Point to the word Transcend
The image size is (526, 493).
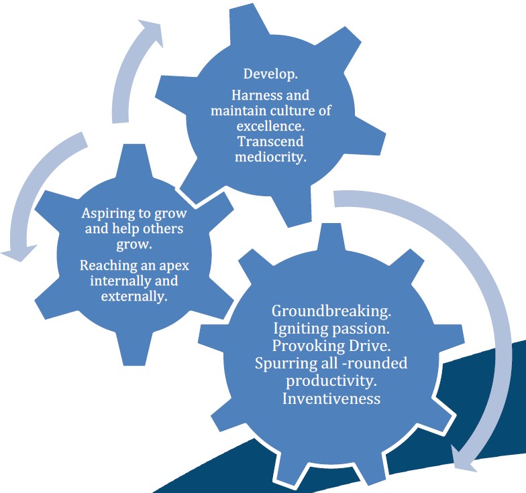click(x=270, y=142)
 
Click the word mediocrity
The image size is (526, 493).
click(x=270, y=157)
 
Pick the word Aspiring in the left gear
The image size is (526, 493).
click(x=108, y=214)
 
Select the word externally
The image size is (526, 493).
click(x=134, y=296)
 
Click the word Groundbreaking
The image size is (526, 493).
click(x=331, y=311)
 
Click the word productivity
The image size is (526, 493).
click(x=331, y=381)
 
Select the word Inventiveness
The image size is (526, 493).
click(x=331, y=399)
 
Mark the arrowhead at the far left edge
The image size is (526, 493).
click(x=19, y=253)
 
